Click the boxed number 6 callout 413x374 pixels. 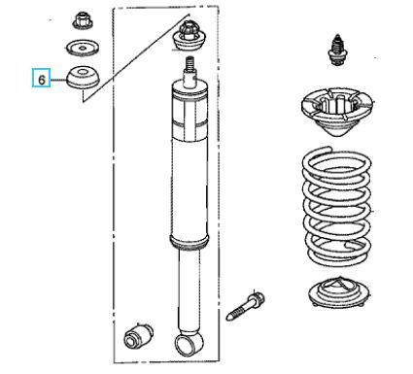(41, 78)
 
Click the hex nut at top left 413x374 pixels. (83, 20)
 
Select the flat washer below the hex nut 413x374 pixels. (83, 48)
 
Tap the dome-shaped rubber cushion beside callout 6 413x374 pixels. (83, 77)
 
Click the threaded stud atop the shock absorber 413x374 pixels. (189, 64)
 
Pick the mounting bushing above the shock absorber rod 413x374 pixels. (189, 36)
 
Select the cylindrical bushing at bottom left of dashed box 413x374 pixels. (138, 334)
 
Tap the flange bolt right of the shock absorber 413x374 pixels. (246, 305)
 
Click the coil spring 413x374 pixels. (336, 206)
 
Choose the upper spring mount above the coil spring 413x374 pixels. (337, 111)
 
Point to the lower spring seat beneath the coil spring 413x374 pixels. (339, 291)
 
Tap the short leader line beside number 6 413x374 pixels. (58, 80)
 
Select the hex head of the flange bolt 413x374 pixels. (256, 298)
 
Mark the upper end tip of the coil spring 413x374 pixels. (330, 149)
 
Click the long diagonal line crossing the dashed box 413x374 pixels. (136, 58)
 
